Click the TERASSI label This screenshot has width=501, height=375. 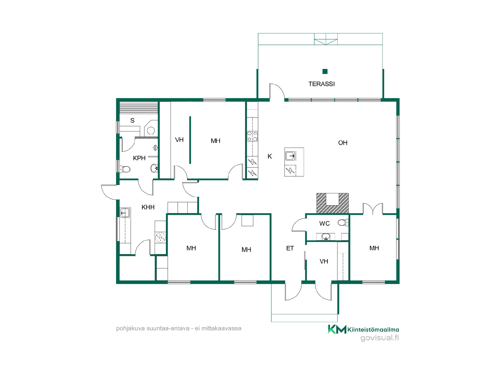[x=321, y=84]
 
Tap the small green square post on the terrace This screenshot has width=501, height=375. [x=325, y=71]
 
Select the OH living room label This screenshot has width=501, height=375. [x=343, y=143]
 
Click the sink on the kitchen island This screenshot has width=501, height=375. [x=290, y=156]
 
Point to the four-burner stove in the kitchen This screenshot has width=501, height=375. [x=252, y=136]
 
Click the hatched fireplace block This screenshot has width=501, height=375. [x=332, y=203]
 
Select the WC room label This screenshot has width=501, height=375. [x=324, y=223]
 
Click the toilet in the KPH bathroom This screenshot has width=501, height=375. [x=125, y=169]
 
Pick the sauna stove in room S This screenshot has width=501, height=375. [x=151, y=129]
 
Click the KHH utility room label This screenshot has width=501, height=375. [x=148, y=207]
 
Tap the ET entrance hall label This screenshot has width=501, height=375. [x=290, y=248]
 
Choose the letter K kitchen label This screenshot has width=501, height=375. [x=270, y=156]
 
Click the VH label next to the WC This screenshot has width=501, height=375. [x=324, y=261]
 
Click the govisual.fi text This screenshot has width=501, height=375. [x=380, y=338]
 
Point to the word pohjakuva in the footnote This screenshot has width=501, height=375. [x=130, y=328]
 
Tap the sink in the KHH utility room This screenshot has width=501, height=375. [x=125, y=213]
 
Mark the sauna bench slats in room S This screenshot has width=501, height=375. [x=139, y=108]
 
